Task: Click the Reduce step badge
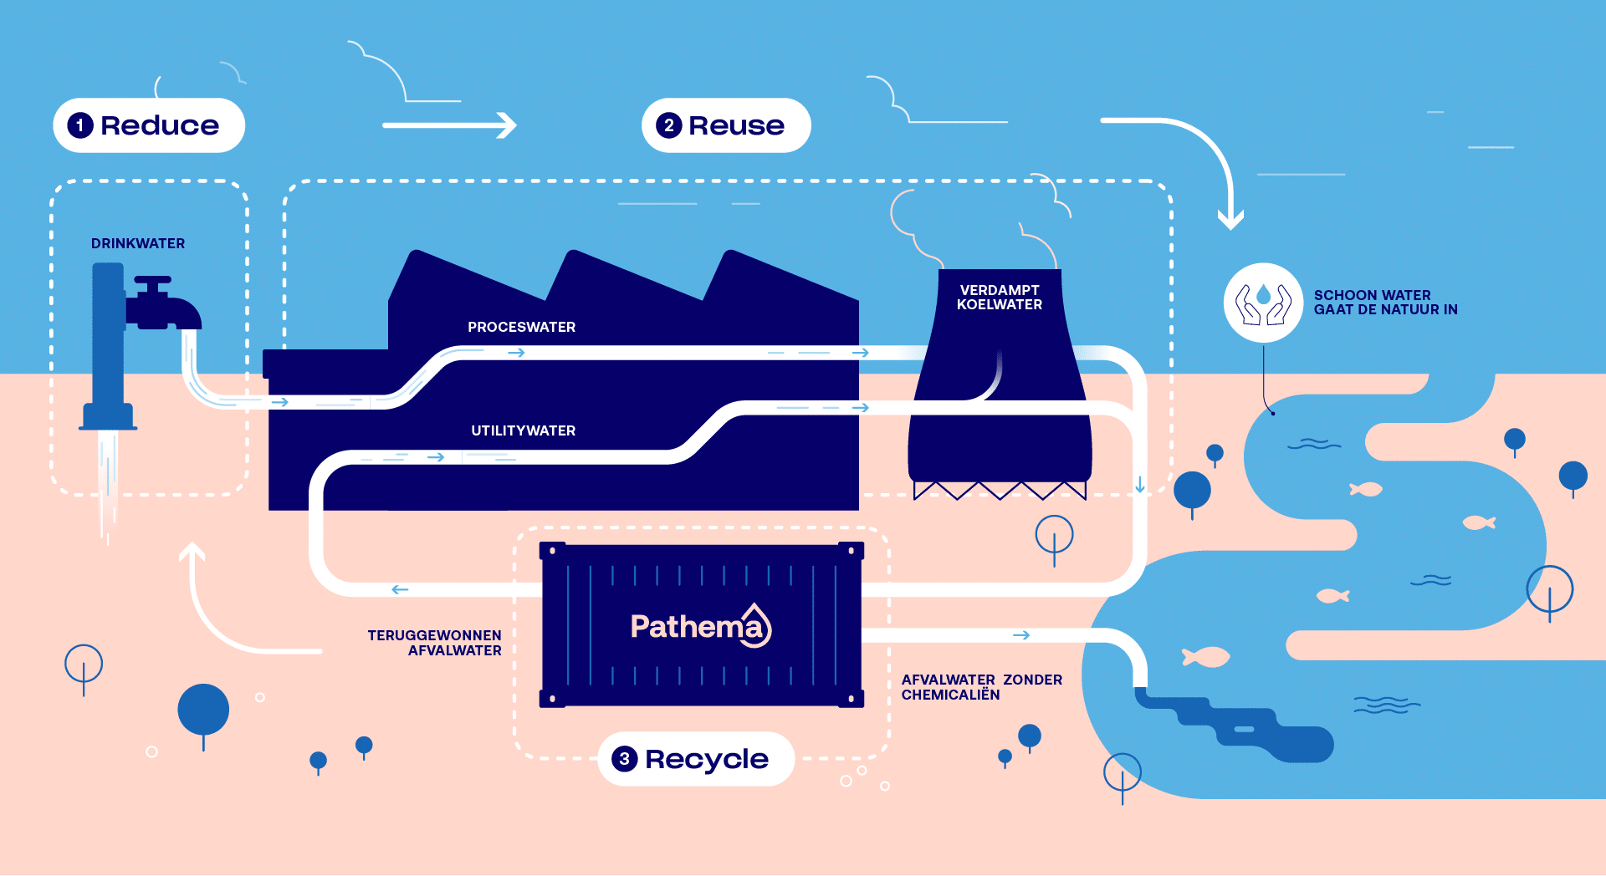pyautogui.click(x=149, y=125)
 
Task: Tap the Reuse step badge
pyautogui.click(x=726, y=125)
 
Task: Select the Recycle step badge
pyautogui.click(x=696, y=759)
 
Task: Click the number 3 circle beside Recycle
pyautogui.click(x=624, y=759)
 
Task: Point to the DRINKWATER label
pyautogui.click(x=138, y=243)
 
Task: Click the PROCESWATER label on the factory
pyautogui.click(x=521, y=327)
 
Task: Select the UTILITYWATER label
pyautogui.click(x=523, y=430)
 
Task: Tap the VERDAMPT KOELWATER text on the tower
pyautogui.click(x=1000, y=298)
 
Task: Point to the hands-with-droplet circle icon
pyautogui.click(x=1263, y=303)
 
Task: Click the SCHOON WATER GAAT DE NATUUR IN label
pyautogui.click(x=1385, y=303)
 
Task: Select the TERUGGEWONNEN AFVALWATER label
pyautogui.click(x=435, y=643)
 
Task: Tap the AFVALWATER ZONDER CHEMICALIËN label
pyautogui.click(x=981, y=687)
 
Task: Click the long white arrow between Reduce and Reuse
pyautogui.click(x=449, y=125)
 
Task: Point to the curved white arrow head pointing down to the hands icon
pyautogui.click(x=1230, y=220)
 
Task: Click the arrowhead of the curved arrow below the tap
pyautogui.click(x=193, y=551)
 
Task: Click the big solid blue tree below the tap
pyautogui.click(x=203, y=710)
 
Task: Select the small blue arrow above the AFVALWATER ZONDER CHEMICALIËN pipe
pyautogui.click(x=1021, y=635)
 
